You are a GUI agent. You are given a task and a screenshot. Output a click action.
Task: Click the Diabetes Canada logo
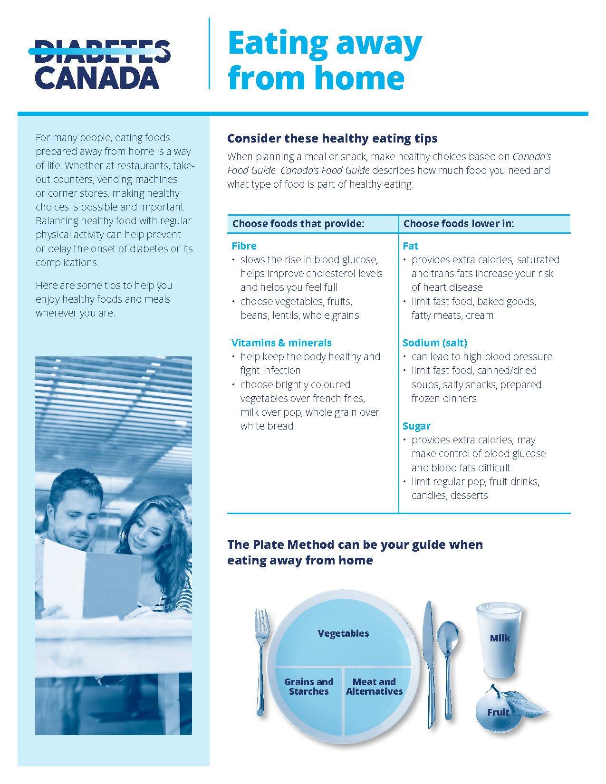click(x=102, y=64)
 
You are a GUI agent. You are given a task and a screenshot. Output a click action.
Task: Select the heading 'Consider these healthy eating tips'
click(x=332, y=138)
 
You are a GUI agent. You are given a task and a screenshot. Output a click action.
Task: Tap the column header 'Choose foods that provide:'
click(x=298, y=223)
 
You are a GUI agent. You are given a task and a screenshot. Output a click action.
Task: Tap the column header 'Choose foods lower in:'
click(x=459, y=223)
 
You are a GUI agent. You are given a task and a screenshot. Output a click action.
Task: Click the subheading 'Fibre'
click(x=244, y=246)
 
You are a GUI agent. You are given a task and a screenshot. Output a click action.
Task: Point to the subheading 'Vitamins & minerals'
click(x=281, y=343)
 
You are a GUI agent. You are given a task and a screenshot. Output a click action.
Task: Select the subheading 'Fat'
click(x=410, y=246)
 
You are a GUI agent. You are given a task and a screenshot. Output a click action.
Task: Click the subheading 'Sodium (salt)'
click(x=434, y=343)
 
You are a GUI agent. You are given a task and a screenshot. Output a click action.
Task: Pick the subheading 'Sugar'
click(x=416, y=426)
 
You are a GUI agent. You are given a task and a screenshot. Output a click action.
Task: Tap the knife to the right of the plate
click(x=429, y=665)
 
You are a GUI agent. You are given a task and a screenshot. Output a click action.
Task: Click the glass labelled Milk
click(x=499, y=639)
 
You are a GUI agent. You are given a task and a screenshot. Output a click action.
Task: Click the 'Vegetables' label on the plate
click(x=343, y=633)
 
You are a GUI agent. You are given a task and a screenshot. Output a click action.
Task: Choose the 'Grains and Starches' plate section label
click(x=308, y=687)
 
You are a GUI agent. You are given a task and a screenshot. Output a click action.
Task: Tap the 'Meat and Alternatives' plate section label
click(x=374, y=687)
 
